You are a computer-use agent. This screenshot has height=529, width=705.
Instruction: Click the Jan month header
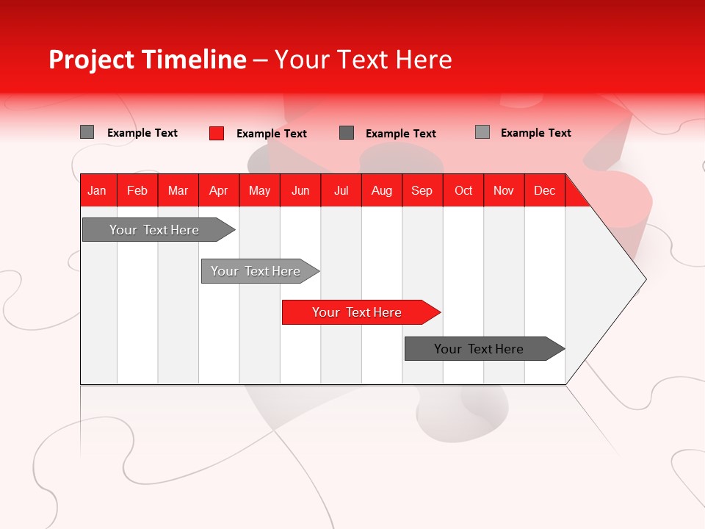click(97, 190)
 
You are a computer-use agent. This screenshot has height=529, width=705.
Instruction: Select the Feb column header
click(137, 190)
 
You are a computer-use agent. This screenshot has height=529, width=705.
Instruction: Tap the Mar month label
click(178, 190)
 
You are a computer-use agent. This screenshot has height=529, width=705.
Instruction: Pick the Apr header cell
click(219, 190)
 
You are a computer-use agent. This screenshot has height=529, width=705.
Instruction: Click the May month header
click(259, 190)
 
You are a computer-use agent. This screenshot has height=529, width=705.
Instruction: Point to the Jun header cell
click(300, 190)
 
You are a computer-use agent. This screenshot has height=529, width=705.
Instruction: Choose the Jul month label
click(341, 190)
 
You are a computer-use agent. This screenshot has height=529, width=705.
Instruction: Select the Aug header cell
click(381, 190)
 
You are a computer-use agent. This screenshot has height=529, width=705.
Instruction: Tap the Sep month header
click(422, 190)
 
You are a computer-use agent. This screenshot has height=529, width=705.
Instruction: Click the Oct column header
click(463, 190)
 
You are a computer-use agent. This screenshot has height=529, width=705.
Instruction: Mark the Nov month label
click(504, 190)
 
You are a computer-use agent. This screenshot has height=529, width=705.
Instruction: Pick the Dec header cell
click(544, 190)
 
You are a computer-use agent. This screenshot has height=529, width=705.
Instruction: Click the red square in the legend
click(217, 133)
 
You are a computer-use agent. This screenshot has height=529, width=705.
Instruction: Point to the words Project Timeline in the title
click(147, 60)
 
